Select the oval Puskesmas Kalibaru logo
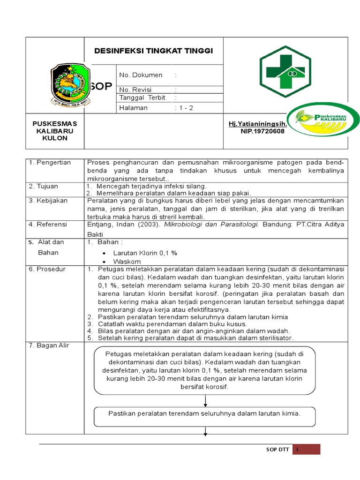(323, 120)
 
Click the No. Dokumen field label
(141, 75)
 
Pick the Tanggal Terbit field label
(142, 97)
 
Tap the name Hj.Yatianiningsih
(257, 123)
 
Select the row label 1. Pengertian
(50, 163)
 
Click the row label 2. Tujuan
(44, 186)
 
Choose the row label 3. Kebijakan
(48, 201)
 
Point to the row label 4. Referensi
(48, 224)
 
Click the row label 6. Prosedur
(47, 269)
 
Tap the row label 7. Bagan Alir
(49, 345)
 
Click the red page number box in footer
(307, 449)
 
